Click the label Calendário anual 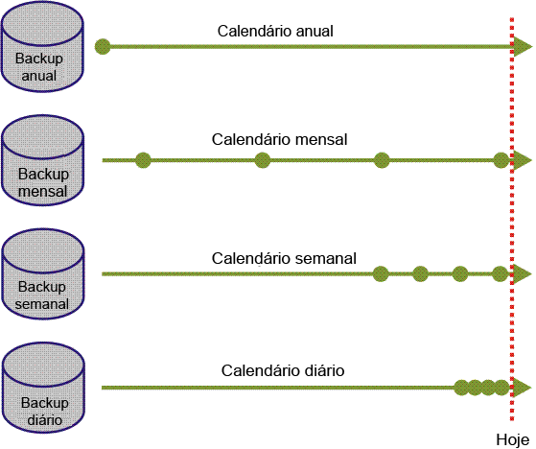[x=275, y=30]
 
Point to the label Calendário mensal [x=279, y=140]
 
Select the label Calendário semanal [x=284, y=258]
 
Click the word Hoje [x=512, y=438]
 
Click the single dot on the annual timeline [x=103, y=45]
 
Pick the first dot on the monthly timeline [x=143, y=160]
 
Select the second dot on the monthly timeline [x=263, y=160]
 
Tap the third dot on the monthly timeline [x=382, y=160]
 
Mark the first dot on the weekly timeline [x=381, y=273]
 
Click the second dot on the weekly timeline [x=420, y=273]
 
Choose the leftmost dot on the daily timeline [x=461, y=388]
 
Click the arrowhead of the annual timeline [x=523, y=45]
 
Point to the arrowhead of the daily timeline [x=523, y=388]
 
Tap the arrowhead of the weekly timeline [x=523, y=273]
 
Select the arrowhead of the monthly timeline [x=523, y=160]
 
